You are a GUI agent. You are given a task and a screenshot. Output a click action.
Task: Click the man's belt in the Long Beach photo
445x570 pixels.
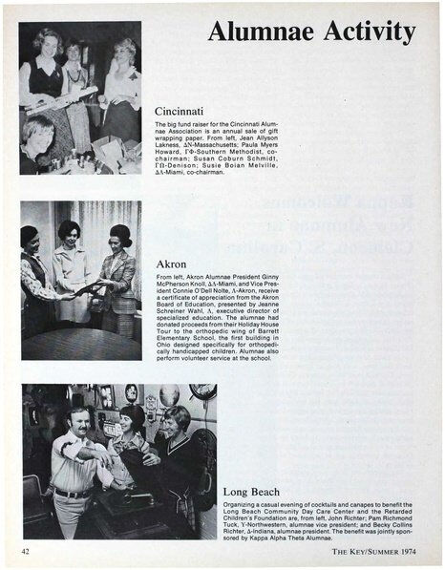click(x=72, y=494)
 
